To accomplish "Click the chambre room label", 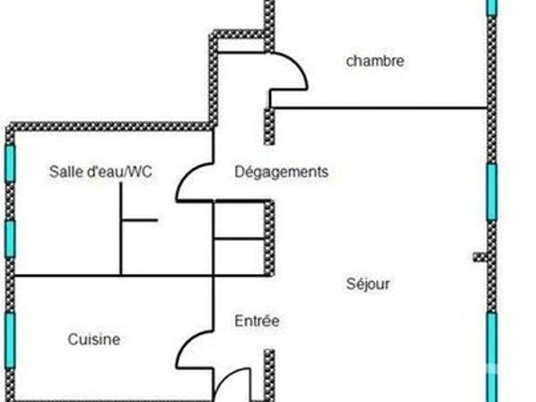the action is click(x=375, y=61).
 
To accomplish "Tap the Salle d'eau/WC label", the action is click(x=100, y=171).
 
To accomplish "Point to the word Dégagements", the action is click(x=281, y=172).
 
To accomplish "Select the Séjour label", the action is click(x=368, y=284).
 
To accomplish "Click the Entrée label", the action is click(x=257, y=321).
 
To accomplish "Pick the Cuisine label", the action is click(x=94, y=339).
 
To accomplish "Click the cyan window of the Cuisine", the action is click(x=10, y=341).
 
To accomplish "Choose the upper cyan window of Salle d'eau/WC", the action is click(x=10, y=163).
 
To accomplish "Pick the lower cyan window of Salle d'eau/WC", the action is click(x=10, y=239).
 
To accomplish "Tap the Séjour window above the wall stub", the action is click(x=492, y=192).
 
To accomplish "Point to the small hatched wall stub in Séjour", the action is click(x=480, y=257).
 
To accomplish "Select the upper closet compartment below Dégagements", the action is click(x=240, y=220).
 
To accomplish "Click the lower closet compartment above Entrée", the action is click(x=240, y=257).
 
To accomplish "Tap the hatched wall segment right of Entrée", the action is click(x=270, y=375).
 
